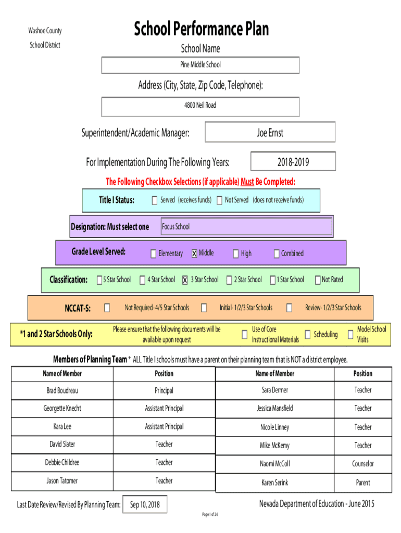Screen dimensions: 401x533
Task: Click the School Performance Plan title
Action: [x=201, y=29]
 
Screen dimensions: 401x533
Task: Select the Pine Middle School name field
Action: [x=200, y=65]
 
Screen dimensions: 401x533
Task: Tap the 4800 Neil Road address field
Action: [x=200, y=107]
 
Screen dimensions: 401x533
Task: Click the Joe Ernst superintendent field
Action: [x=270, y=132]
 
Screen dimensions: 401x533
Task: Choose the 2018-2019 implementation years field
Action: [x=293, y=161]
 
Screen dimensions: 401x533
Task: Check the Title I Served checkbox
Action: [x=155, y=200]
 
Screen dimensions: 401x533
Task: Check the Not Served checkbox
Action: [x=220, y=200]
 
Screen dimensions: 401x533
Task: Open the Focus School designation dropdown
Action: [x=246, y=226]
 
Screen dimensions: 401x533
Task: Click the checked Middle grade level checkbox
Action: [x=194, y=253]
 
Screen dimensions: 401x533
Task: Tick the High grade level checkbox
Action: [x=236, y=253]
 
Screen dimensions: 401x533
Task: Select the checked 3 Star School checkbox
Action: [x=185, y=280]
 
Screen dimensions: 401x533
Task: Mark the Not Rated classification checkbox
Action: [x=318, y=280]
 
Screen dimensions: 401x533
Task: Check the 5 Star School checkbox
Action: [x=99, y=280]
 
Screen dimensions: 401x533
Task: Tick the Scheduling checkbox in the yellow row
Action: [x=307, y=335]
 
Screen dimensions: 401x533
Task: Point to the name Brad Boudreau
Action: [x=62, y=390]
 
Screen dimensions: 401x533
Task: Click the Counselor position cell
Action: [x=363, y=464]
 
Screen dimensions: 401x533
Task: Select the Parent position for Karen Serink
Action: [x=363, y=483]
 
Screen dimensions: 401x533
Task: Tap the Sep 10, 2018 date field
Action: [x=145, y=504]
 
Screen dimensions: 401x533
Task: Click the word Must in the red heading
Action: [x=247, y=182]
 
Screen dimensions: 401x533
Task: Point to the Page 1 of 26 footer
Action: [x=210, y=514]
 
